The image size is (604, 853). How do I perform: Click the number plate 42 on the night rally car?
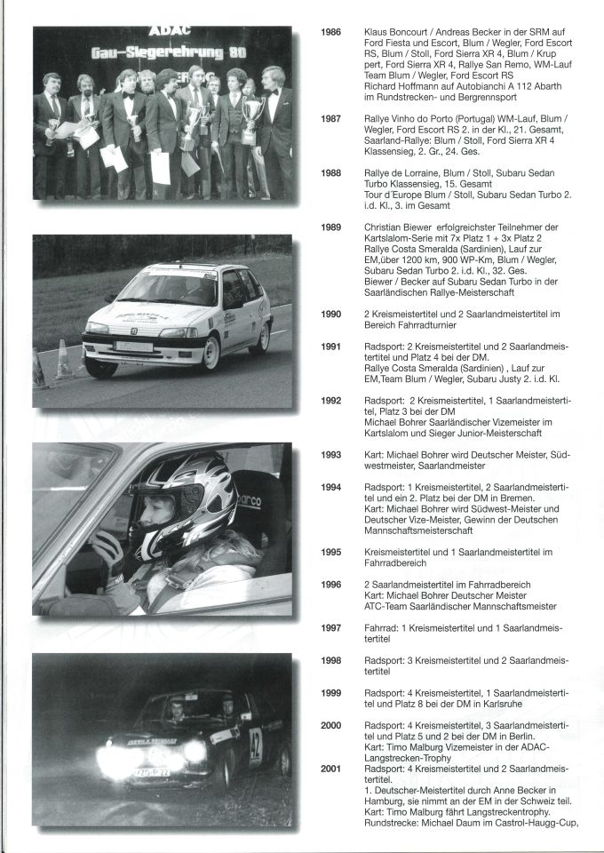(x=256, y=747)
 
